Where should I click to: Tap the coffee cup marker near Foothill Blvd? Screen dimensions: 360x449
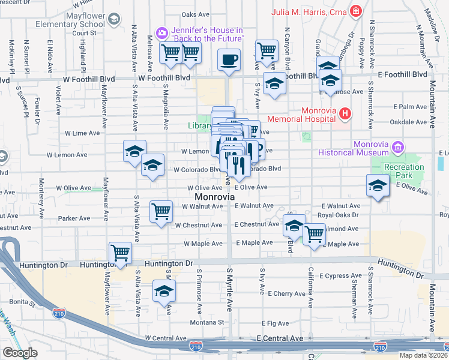click(228, 60)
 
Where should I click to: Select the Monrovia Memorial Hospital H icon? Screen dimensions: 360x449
click(345, 113)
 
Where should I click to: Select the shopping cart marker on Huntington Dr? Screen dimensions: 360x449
click(120, 253)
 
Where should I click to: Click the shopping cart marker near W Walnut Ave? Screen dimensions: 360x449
click(161, 211)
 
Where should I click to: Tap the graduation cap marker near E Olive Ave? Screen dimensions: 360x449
click(378, 185)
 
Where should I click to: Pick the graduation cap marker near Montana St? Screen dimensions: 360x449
click(163, 292)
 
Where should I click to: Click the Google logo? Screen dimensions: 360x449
click(20, 353)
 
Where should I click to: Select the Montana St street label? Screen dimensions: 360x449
click(208, 322)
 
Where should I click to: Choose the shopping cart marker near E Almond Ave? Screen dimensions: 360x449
click(314, 234)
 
